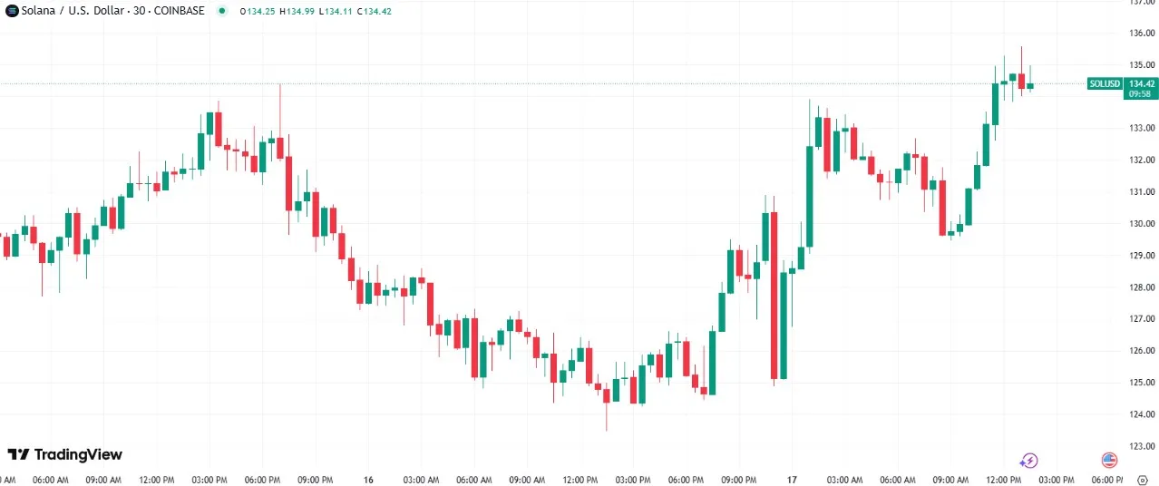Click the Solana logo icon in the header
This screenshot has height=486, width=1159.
12,11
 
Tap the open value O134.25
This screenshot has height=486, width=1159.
258,11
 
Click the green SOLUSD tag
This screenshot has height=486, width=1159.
1105,83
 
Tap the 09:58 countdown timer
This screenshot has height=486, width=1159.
1141,93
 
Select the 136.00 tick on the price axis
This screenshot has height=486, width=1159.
1142,34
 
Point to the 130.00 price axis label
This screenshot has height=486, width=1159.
1142,224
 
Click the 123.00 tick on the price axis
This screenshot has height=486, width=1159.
1142,446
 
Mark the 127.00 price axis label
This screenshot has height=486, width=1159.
1142,319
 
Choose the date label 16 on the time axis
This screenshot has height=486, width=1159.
368,480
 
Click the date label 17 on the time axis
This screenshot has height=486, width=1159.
791,480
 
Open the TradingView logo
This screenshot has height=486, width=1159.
64,454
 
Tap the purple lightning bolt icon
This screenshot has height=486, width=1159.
1028,461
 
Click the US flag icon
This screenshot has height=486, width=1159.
1109,461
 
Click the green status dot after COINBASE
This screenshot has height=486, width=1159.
222,11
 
